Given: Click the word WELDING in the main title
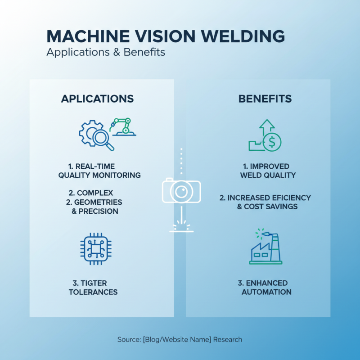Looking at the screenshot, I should click(x=238, y=36).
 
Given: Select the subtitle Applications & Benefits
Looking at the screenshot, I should click(x=106, y=52).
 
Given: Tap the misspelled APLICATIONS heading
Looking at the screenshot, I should click(x=97, y=99).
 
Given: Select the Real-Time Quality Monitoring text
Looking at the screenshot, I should click(x=99, y=171).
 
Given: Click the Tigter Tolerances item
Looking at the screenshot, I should click(x=93, y=288).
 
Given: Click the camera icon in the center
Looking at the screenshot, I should click(x=181, y=191).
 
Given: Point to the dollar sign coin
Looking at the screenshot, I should click(x=271, y=142).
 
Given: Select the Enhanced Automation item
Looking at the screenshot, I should click(x=266, y=288).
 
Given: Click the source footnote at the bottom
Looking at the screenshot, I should click(x=180, y=339).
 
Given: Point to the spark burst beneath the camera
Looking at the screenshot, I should click(x=181, y=224).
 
